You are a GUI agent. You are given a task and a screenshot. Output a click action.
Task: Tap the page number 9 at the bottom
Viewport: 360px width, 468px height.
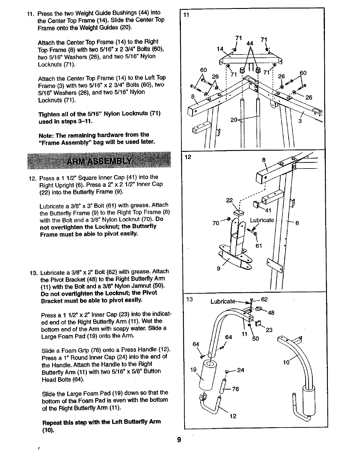point(179,439)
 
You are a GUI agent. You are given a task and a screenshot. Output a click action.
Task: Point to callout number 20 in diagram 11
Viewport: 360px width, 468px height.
point(234,120)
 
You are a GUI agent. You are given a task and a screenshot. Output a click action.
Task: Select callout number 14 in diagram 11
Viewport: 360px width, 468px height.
point(220,49)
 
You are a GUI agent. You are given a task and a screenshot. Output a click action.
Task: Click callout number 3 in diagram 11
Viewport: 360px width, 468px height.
point(300,121)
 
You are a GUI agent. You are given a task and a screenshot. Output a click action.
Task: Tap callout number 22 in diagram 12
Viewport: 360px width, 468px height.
point(229,201)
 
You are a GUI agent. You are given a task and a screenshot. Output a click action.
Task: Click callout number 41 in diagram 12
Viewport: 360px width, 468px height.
point(268,211)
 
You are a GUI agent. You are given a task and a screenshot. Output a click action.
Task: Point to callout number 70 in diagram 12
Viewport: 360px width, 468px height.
point(216,223)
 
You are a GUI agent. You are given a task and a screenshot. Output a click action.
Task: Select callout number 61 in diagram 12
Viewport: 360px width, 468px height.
point(259,246)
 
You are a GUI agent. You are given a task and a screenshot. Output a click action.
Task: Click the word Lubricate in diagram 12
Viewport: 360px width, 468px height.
point(262,220)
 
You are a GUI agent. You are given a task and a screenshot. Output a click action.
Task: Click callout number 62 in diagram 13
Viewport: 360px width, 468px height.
point(265,299)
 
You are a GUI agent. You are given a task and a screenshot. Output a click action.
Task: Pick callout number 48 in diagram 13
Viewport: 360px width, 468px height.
point(271,313)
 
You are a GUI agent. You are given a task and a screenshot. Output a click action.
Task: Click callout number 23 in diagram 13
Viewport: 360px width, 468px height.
point(269,330)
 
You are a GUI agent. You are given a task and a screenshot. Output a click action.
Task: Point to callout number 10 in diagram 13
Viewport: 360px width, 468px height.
point(286,362)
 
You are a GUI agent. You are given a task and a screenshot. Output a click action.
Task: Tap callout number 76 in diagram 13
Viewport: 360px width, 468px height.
point(235,389)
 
